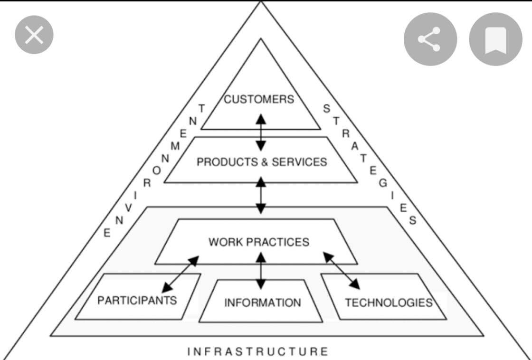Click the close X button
pyautogui.click(x=34, y=35)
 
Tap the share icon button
pyautogui.click(x=430, y=39)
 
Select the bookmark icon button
pyautogui.click(x=496, y=39)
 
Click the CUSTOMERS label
pyautogui.click(x=259, y=99)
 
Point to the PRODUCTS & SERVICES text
pyautogui.click(x=262, y=162)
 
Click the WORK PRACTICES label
pyautogui.click(x=259, y=242)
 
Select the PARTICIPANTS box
pyautogui.click(x=138, y=296)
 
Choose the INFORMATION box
pyautogui.click(x=261, y=301)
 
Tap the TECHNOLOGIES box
pyautogui.click(x=384, y=296)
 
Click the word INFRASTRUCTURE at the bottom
pyautogui.click(x=258, y=351)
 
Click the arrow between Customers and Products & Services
pyautogui.click(x=261, y=133)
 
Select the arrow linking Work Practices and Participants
pyautogui.click(x=180, y=274)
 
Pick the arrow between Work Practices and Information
pyautogui.click(x=261, y=271)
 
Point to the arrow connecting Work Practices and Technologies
pyautogui.click(x=342, y=271)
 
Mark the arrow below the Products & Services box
pyautogui.click(x=261, y=196)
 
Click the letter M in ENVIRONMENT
pyautogui.click(x=175, y=146)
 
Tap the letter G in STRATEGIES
pyautogui.click(x=383, y=183)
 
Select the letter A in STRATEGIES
pyautogui.click(x=355, y=146)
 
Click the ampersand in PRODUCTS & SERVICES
pyautogui.click(x=265, y=162)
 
